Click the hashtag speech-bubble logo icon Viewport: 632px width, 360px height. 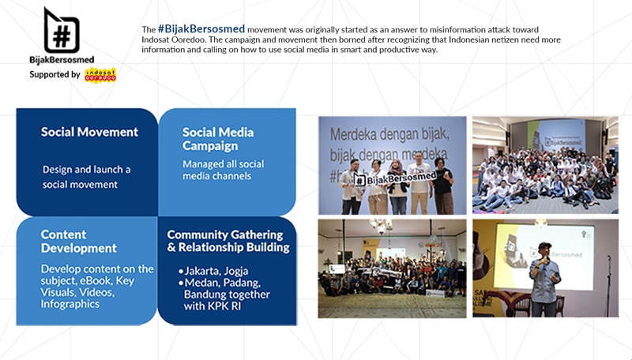pyautogui.click(x=62, y=31)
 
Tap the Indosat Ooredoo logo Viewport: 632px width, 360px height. pyautogui.click(x=100, y=75)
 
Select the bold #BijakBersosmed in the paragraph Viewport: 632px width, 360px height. pyautogui.click(x=201, y=29)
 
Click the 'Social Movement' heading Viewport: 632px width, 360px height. pyautogui.click(x=89, y=132)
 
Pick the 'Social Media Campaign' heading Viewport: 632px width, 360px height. pyautogui.click(x=218, y=138)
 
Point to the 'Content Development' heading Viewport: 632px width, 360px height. pyautogui.click(x=78, y=242)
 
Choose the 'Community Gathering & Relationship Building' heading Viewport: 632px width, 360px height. pyautogui.click(x=228, y=241)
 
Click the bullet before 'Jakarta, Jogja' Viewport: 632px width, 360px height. pyautogui.click(x=181, y=272)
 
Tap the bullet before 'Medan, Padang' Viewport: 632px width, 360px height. pyautogui.click(x=181, y=283)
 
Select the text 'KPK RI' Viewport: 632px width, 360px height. pyautogui.click(x=224, y=306)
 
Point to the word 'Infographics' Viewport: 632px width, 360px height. pyautogui.click(x=70, y=304)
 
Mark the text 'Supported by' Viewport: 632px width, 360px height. pyautogui.click(x=55, y=74)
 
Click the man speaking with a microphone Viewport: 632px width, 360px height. pyautogui.click(x=544, y=279)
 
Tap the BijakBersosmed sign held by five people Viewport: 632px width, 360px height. pyautogui.click(x=395, y=178)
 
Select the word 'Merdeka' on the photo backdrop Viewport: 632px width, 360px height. pyautogui.click(x=356, y=135)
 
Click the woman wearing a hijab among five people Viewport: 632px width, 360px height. pyautogui.click(x=397, y=186)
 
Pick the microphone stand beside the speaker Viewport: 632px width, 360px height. pyautogui.click(x=609, y=285)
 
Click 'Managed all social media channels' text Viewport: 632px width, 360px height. pyautogui.click(x=224, y=170)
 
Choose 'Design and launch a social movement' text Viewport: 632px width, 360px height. pyautogui.click(x=87, y=177)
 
